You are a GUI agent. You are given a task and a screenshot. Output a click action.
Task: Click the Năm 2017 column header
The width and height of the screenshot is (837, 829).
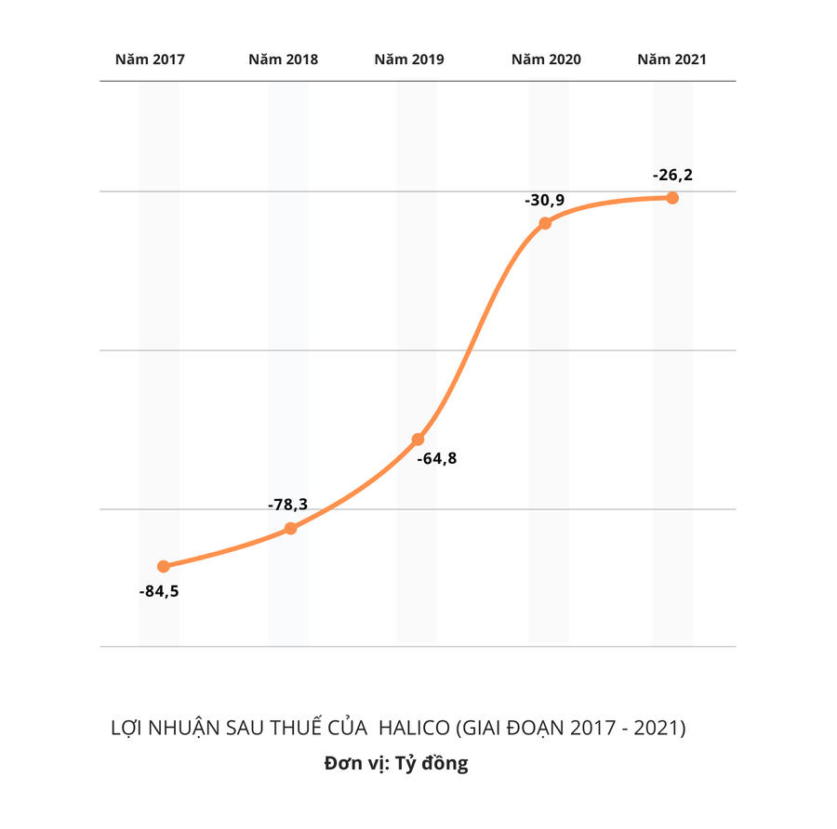pyautogui.click(x=150, y=59)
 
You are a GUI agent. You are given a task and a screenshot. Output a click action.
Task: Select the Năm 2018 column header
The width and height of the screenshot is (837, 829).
pyautogui.click(x=283, y=59)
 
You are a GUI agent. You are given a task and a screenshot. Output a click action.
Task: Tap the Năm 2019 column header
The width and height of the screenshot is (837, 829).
pyautogui.click(x=409, y=59)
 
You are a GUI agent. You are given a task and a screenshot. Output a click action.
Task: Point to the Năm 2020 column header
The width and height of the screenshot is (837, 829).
pyautogui.click(x=546, y=59)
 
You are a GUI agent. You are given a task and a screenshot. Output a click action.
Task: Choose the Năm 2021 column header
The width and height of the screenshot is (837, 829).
pyautogui.click(x=671, y=59)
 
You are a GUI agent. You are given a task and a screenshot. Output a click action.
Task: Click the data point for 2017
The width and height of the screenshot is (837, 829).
pyautogui.click(x=164, y=566)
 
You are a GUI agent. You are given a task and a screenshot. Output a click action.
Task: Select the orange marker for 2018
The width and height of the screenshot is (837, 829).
pyautogui.click(x=290, y=528)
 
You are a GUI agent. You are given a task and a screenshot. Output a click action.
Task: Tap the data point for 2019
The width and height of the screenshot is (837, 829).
pyautogui.click(x=418, y=439)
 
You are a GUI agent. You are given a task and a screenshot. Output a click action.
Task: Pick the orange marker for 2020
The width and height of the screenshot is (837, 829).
pyautogui.click(x=545, y=223)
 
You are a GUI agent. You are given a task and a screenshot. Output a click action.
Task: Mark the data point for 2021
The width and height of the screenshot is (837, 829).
pyautogui.click(x=672, y=198)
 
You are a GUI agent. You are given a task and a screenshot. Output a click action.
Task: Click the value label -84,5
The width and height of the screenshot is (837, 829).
pyautogui.click(x=158, y=591)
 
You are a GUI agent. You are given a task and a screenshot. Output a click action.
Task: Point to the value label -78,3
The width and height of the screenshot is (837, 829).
pyautogui.click(x=287, y=505)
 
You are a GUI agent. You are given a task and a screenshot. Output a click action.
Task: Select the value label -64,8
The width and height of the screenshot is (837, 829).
pyautogui.click(x=436, y=458)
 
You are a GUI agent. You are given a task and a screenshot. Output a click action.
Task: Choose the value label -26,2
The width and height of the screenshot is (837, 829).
pyautogui.click(x=672, y=174)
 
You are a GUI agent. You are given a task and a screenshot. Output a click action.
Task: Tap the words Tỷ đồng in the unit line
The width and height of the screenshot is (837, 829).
pyautogui.click(x=432, y=764)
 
